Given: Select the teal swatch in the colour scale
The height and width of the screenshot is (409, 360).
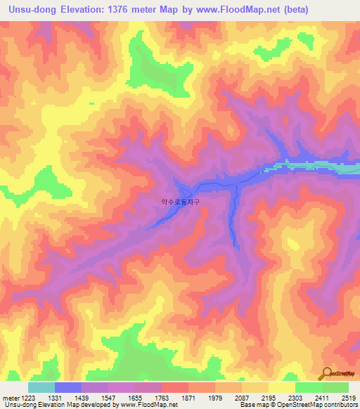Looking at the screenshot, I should (41, 387).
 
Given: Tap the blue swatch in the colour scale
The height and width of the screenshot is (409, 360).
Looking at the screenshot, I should (68, 387).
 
